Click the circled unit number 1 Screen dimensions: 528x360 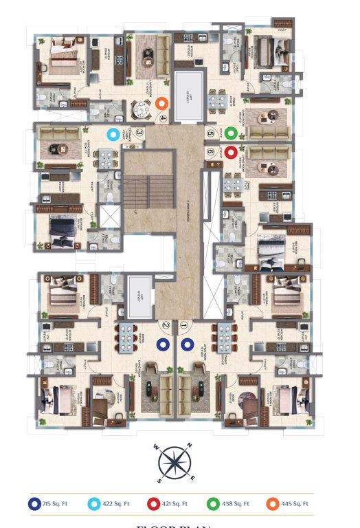[x=183, y=326]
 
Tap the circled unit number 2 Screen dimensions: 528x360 [x=166, y=326]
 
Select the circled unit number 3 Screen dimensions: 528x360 [x=139, y=134]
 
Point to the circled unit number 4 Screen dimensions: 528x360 [x=163, y=118]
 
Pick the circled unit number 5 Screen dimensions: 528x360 [x=210, y=133]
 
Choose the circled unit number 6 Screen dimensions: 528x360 [x=210, y=152]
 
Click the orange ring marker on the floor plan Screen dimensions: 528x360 [x=162, y=104]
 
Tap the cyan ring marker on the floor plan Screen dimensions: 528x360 [x=112, y=133]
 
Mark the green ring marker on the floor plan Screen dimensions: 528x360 [x=232, y=133]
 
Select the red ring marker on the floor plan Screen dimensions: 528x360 [x=231, y=152]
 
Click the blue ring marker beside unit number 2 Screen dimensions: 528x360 [x=164, y=344]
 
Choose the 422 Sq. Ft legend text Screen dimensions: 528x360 [x=117, y=504]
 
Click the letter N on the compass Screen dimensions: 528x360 [x=190, y=446]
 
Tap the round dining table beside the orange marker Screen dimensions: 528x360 [x=141, y=109]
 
